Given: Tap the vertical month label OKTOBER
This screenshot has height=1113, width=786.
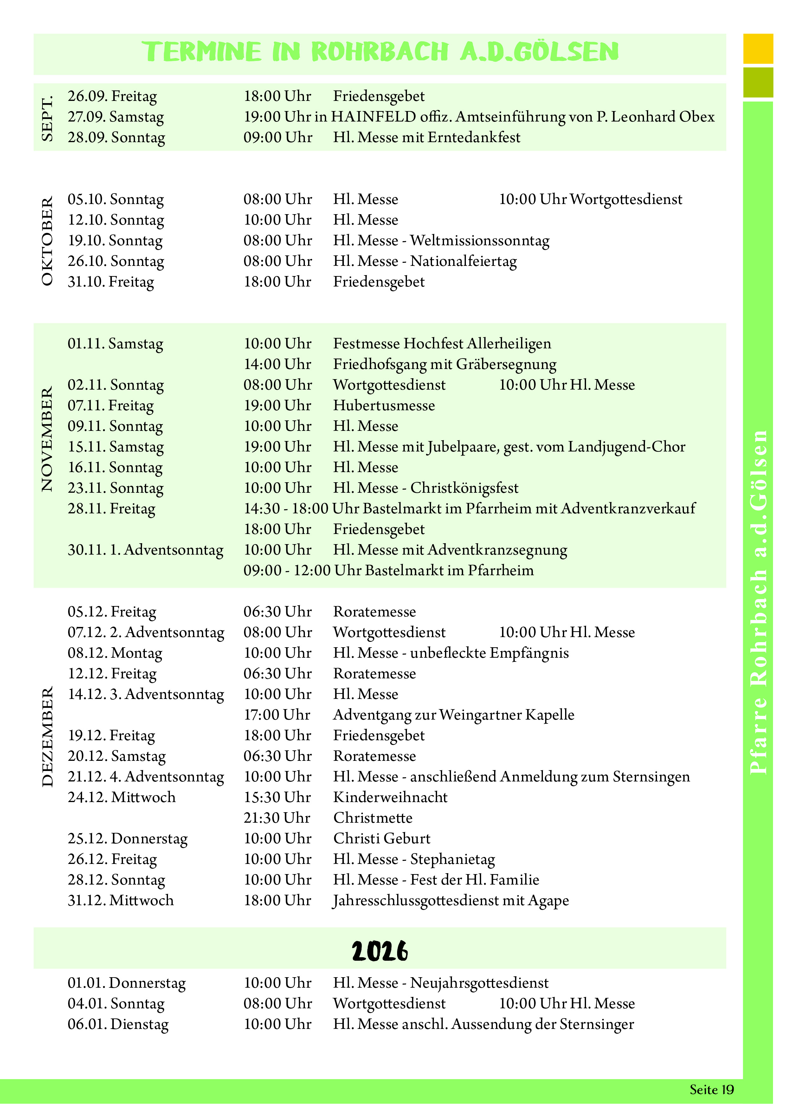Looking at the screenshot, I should [x=47, y=241].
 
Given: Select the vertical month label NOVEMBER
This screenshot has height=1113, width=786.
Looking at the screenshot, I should [x=47, y=440].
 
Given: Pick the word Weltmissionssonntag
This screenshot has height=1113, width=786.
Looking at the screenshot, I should [x=480, y=241].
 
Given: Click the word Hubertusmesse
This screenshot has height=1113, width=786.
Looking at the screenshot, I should [x=384, y=406].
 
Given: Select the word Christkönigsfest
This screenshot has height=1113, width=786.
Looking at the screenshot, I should [x=464, y=488].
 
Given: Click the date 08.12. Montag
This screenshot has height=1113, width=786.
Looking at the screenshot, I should [x=115, y=653].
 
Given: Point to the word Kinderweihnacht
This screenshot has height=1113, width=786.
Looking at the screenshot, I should [x=390, y=797].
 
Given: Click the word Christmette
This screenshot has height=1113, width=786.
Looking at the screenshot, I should [x=373, y=818].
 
